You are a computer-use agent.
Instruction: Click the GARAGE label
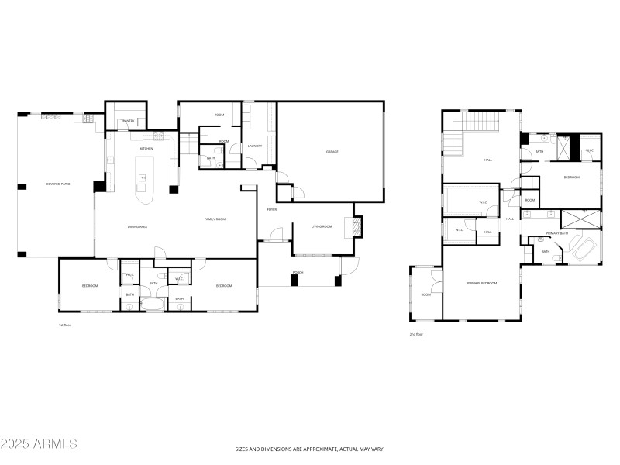click(332, 151)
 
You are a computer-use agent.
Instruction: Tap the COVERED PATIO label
click(59, 184)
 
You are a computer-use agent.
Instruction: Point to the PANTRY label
click(129, 121)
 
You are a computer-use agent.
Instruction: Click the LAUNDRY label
click(255, 146)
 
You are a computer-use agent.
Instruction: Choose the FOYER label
click(272, 209)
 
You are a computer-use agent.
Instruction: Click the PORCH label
click(298, 273)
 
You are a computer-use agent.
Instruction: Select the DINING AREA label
click(138, 226)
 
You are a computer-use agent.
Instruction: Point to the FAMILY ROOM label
click(215, 219)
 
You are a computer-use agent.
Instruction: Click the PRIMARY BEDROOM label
click(481, 284)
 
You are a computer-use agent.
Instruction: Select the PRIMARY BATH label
click(557, 232)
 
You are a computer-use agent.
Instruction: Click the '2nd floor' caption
click(416, 334)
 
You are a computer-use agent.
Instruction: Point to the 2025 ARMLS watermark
click(40, 444)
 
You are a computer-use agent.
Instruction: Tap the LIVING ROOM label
click(322, 226)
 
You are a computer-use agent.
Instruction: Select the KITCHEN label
click(146, 148)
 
